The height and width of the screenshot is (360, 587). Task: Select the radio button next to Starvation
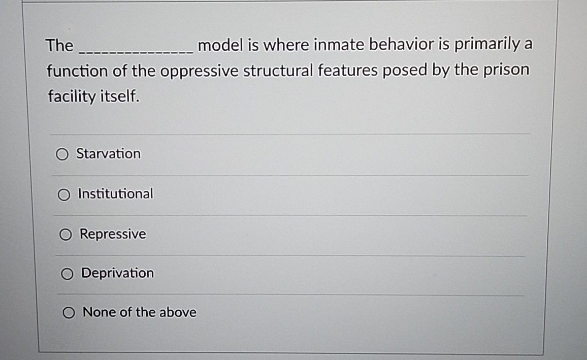62,154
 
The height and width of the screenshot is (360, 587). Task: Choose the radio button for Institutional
64,194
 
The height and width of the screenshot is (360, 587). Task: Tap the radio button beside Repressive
66,234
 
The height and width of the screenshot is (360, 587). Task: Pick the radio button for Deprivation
67,274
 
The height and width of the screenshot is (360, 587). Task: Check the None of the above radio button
69,312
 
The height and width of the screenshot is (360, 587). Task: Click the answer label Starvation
108,153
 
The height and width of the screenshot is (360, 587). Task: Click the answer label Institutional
115,193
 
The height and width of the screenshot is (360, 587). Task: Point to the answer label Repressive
113,234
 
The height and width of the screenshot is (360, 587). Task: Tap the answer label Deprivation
117,273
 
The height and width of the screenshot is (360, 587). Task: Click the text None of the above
139,312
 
